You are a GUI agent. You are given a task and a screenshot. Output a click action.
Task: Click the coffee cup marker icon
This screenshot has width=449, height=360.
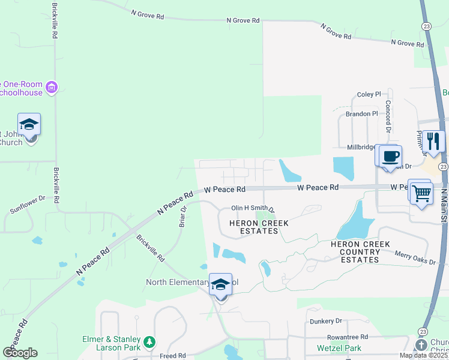[390, 156]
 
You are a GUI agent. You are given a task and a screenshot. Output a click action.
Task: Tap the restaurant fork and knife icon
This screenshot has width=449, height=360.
[434, 142]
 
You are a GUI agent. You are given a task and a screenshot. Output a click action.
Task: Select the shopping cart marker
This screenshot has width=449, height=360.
[422, 193]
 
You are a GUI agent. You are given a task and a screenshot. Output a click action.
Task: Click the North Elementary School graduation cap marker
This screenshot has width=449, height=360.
[221, 285]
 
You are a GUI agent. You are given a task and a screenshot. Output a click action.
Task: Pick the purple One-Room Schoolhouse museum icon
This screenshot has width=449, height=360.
[52, 88]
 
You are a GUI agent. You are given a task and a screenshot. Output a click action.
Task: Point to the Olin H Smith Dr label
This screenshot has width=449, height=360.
[253, 209]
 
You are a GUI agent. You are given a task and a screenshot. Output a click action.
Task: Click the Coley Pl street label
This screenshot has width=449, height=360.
[369, 94]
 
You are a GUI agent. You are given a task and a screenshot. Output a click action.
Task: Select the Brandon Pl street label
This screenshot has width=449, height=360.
[361, 113]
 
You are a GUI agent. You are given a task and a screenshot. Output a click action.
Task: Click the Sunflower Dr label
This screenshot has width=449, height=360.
[28, 205]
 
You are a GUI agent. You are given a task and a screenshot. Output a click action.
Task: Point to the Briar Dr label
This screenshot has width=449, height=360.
[183, 217]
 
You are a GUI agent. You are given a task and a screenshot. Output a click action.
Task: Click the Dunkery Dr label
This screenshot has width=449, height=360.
[326, 322]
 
